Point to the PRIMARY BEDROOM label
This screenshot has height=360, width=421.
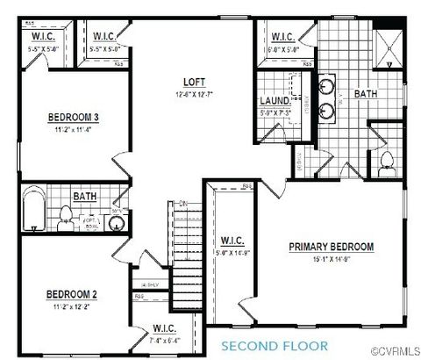coord(332,247)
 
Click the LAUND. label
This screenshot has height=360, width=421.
coord(275,101)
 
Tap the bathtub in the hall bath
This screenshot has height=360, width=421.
coord(32,208)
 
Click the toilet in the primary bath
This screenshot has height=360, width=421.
coord(386,162)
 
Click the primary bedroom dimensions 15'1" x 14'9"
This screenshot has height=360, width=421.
coord(332,259)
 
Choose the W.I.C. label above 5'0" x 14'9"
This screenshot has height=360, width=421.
coord(232,240)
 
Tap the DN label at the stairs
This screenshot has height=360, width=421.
coord(184,205)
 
